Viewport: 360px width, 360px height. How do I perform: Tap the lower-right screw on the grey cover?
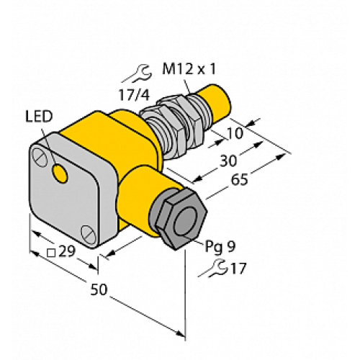(88, 232)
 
